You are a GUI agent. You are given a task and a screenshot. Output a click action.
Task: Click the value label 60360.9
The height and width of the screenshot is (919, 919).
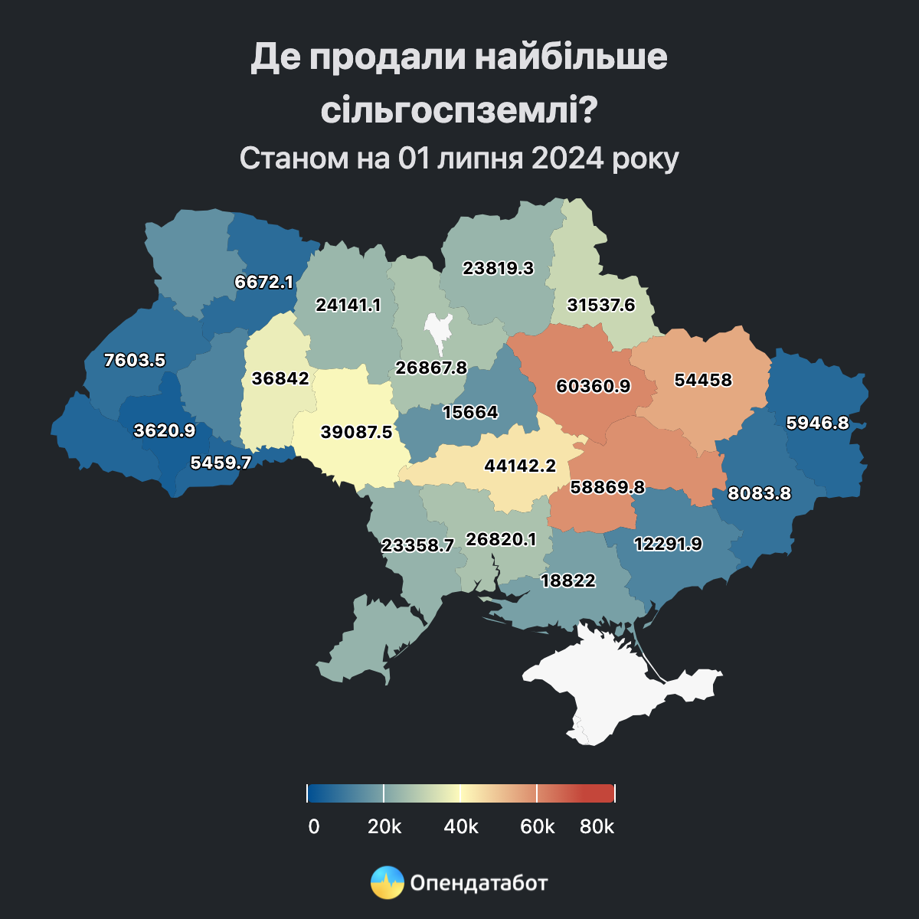[x=593, y=386]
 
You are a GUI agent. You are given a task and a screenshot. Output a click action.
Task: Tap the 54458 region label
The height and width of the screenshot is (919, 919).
[x=702, y=380]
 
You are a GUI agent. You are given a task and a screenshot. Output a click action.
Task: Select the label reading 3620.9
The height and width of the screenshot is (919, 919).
[x=164, y=430]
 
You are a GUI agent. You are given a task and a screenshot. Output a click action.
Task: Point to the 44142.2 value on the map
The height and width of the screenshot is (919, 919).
[x=520, y=465]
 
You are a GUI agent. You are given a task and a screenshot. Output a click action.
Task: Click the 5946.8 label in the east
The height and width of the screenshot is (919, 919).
[x=817, y=422]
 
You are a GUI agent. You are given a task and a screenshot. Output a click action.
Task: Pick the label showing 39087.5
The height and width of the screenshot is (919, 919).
[x=356, y=432]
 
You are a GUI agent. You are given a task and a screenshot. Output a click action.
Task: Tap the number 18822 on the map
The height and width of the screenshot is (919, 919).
[x=567, y=581]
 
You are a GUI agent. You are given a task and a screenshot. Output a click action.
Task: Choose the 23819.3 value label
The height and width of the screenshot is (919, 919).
[x=498, y=268]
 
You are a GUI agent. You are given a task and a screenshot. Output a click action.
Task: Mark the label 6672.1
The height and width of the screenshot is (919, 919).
[x=263, y=282]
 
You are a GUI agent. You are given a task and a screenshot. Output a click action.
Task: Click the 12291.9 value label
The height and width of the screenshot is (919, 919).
[x=668, y=544]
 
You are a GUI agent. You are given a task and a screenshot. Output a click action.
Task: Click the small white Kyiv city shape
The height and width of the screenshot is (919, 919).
[x=439, y=327]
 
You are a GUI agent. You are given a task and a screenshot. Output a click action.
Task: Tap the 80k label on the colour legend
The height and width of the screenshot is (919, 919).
[x=597, y=827]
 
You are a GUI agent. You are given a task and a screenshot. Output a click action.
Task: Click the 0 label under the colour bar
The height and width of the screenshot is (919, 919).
[x=313, y=827]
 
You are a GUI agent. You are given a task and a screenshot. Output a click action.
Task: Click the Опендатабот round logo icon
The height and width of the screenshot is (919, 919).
[x=387, y=883]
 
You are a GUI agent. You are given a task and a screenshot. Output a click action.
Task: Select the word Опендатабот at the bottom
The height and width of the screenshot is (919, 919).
[x=479, y=883]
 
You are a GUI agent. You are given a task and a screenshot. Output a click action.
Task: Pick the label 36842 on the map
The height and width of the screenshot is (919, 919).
[x=280, y=378]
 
